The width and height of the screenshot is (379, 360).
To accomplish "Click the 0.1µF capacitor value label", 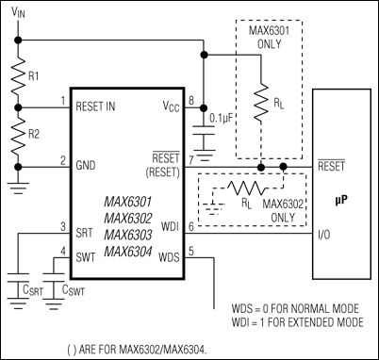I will (223, 119).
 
